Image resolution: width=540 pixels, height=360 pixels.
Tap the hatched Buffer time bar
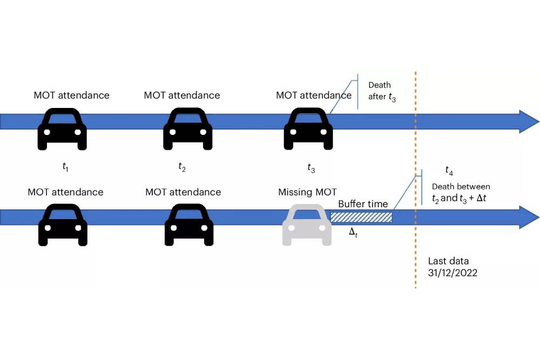pyautogui.click(x=361, y=217)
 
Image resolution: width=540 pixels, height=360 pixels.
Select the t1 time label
pyautogui.click(x=65, y=167)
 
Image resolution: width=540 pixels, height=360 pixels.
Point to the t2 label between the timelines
pyautogui.click(x=182, y=167)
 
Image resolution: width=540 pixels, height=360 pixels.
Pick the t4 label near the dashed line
pyautogui.click(x=449, y=171)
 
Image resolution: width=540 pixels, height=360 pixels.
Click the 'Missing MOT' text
pyautogui.click(x=307, y=192)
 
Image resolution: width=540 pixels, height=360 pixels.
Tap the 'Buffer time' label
pyautogui.click(x=363, y=203)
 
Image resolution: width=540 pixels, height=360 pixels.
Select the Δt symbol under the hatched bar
pyautogui.click(x=354, y=232)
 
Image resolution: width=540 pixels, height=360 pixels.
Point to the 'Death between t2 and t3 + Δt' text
pyautogui.click(x=461, y=192)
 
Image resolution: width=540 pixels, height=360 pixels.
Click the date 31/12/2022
pyautogui.click(x=453, y=273)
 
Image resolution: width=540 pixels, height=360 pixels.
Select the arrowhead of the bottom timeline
pyautogui.click(x=528, y=217)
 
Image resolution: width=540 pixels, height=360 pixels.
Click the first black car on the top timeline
pyautogui.click(x=62, y=129)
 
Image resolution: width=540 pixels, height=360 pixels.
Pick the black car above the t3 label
pyautogui.click(x=308, y=129)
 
